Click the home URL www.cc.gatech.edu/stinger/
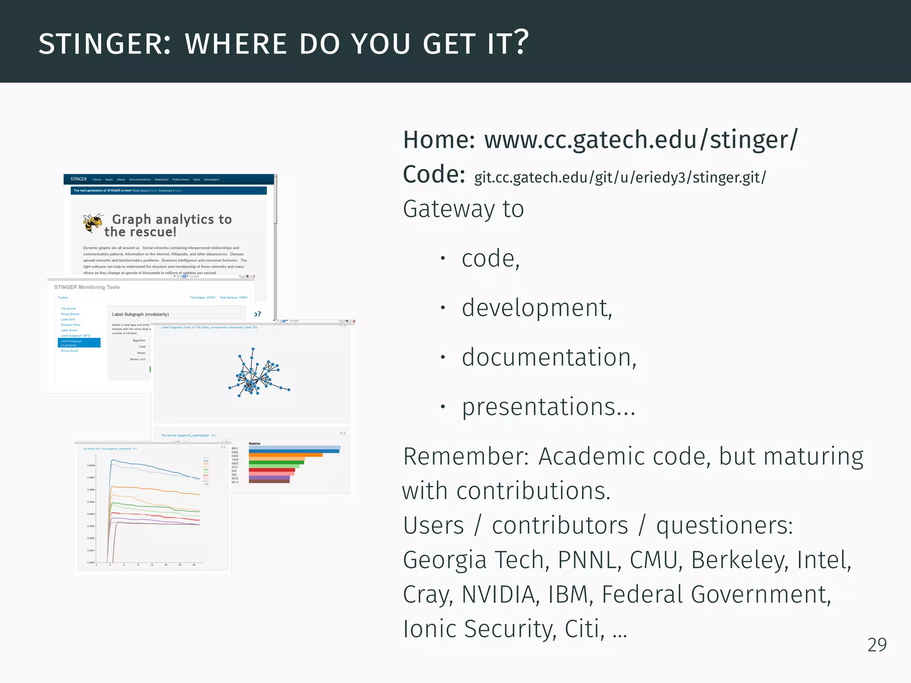(641, 140)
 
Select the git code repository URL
(620, 177)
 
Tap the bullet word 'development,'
(537, 308)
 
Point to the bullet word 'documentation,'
(549, 358)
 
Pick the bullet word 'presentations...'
(548, 407)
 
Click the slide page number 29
(877, 645)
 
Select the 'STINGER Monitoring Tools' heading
(87, 287)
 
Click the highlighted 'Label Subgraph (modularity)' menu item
(79, 343)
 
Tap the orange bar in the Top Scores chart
(285, 455)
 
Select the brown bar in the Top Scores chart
(269, 481)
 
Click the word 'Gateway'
(449, 209)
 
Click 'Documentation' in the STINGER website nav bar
(140, 180)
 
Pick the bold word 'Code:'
(434, 174)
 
